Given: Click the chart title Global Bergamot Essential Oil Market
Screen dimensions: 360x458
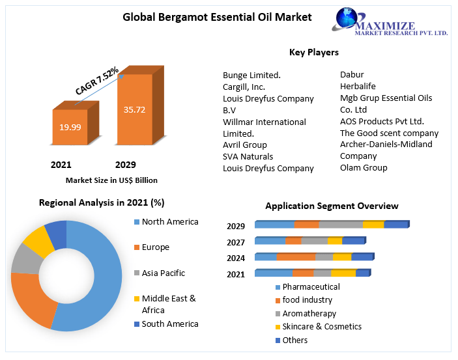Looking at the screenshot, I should pyautogui.click(x=217, y=17).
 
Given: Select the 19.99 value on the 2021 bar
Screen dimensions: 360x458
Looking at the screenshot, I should pyautogui.click(x=70, y=127).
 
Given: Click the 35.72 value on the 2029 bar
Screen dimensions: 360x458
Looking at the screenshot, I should pyautogui.click(x=134, y=109).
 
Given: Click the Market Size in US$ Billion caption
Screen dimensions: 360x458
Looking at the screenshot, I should pyautogui.click(x=111, y=180).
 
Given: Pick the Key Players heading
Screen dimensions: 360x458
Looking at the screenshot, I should pyautogui.click(x=313, y=52).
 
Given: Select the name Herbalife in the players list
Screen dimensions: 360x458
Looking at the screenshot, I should pyautogui.click(x=358, y=86).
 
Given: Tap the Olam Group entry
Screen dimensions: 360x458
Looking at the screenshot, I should pyautogui.click(x=364, y=167).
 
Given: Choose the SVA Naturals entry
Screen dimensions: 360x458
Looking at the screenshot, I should pyautogui.click(x=248, y=156).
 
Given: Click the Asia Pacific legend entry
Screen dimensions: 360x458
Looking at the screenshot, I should pyautogui.click(x=163, y=273).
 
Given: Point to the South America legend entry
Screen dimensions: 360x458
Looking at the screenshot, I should pyautogui.click(x=169, y=324).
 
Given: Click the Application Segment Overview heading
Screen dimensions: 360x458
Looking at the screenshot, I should pyautogui.click(x=332, y=206).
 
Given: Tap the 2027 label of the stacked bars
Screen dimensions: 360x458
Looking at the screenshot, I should pyautogui.click(x=236, y=242).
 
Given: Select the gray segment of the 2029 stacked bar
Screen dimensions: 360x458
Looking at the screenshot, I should pyautogui.click(x=340, y=225).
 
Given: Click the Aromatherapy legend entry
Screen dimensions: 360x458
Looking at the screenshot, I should pyautogui.click(x=309, y=313).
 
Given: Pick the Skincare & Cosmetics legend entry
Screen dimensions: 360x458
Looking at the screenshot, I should pyautogui.click(x=322, y=326).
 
